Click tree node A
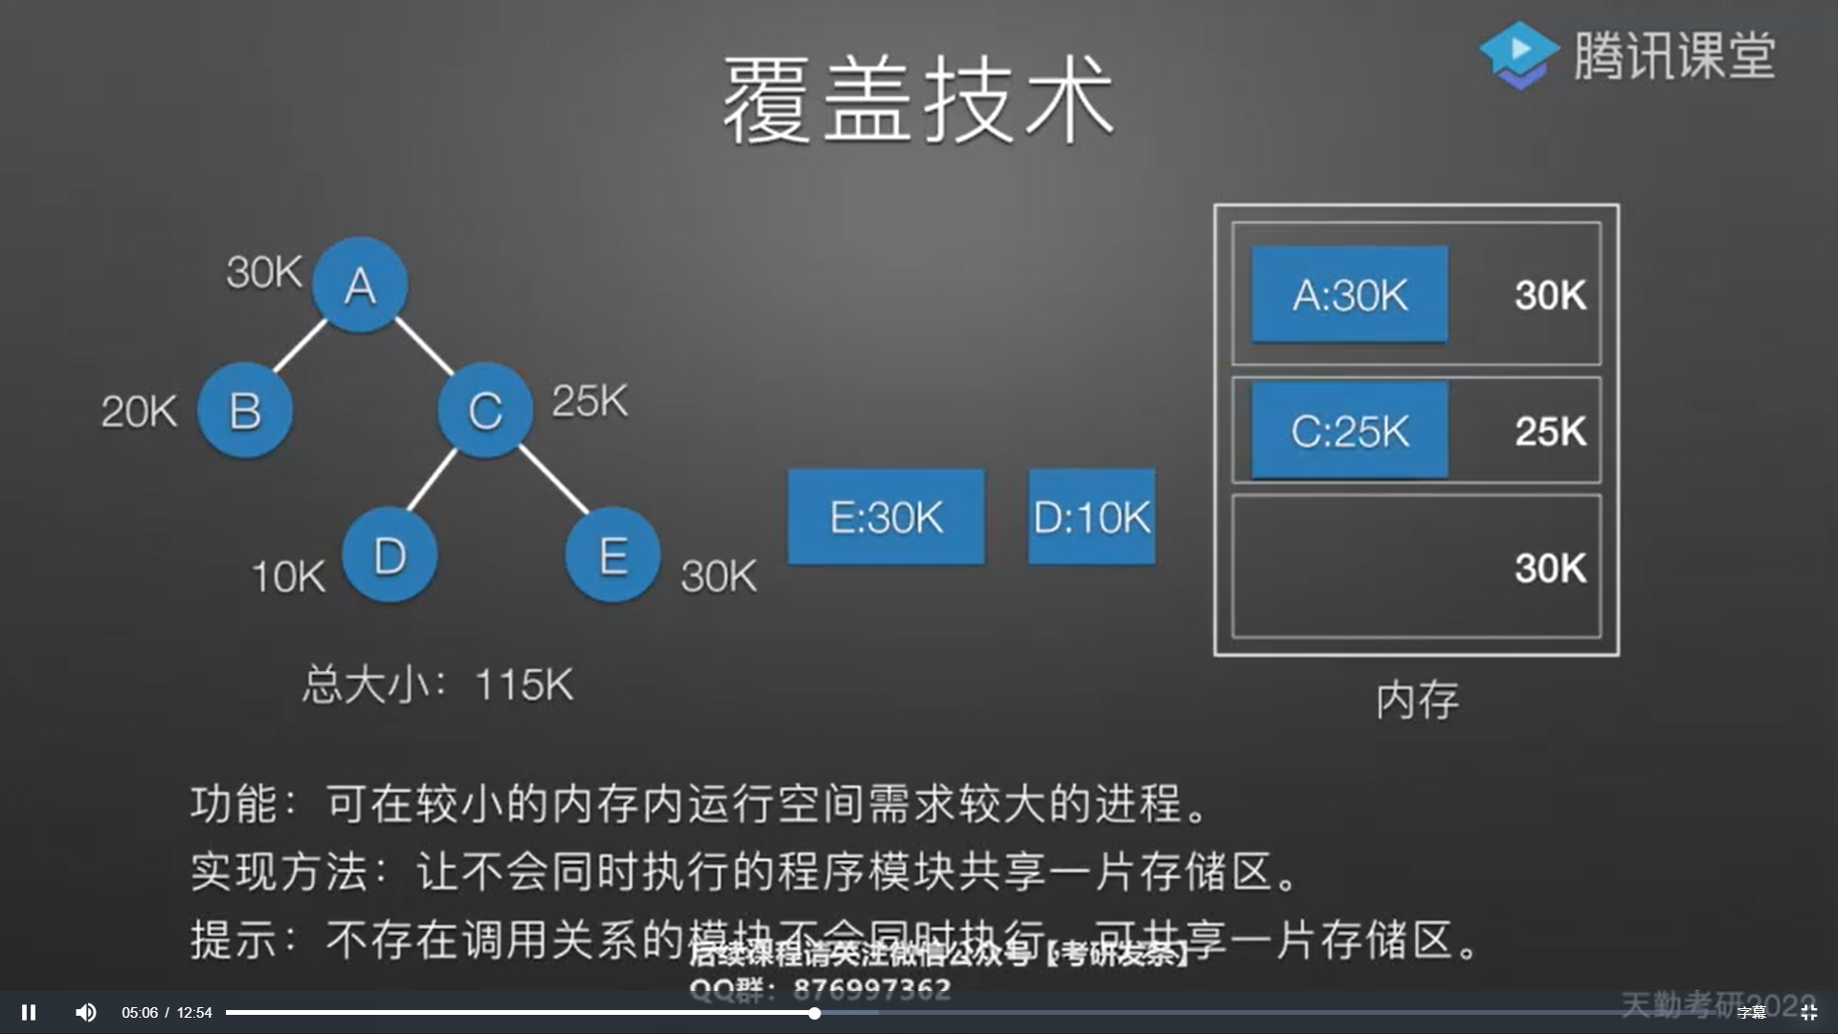pyautogui.click(x=360, y=284)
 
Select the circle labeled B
pyautogui.click(x=245, y=411)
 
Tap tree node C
pyautogui.click(x=485, y=411)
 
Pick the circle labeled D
pyautogui.click(x=390, y=555)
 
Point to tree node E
pyautogui.click(x=613, y=555)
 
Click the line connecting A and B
pyautogui.click(x=301, y=347)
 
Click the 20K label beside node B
pyautogui.click(x=140, y=413)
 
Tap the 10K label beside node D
pyautogui.click(x=288, y=577)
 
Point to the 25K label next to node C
pyautogui.click(x=590, y=401)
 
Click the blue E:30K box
pyautogui.click(x=885, y=517)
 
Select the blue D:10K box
pyautogui.click(x=1091, y=517)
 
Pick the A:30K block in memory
pyautogui.click(x=1350, y=295)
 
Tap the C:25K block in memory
pyautogui.click(x=1350, y=431)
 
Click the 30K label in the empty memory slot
pyautogui.click(x=1550, y=568)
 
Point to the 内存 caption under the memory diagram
pyautogui.click(x=1417, y=701)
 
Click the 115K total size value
pyautogui.click(x=524, y=686)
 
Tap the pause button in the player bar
pyautogui.click(x=29, y=1012)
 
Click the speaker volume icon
pyautogui.click(x=85, y=1012)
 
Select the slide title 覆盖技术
pyautogui.click(x=918, y=100)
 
